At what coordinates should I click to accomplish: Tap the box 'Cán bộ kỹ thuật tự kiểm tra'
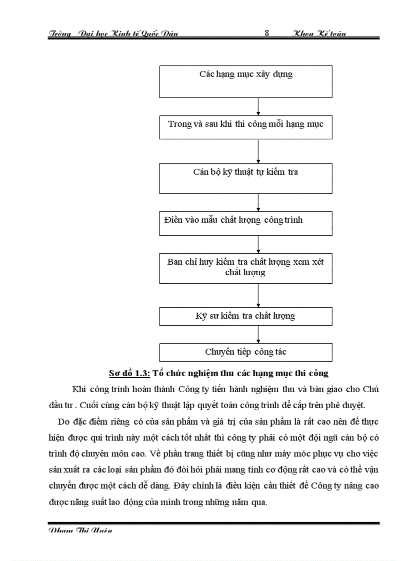[245, 178]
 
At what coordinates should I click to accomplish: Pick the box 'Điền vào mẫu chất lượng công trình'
[245, 223]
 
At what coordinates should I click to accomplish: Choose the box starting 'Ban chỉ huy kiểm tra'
[245, 268]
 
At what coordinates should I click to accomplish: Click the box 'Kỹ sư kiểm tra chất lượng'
[245, 316]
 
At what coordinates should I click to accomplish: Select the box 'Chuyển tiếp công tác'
[245, 352]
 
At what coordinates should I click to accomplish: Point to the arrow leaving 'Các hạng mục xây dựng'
[258, 106]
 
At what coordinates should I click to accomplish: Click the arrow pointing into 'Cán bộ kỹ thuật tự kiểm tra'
[258, 151]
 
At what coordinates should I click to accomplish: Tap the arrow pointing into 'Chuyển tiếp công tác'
[258, 334]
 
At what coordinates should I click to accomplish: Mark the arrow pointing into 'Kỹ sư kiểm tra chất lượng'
[258, 295]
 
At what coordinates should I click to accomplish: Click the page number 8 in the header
[267, 33]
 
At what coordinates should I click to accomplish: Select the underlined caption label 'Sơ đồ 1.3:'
[129, 373]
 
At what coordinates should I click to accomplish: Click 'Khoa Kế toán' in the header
[319, 33]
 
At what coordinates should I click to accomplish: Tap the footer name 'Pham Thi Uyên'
[80, 531]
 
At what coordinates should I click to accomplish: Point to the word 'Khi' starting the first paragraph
[79, 390]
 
